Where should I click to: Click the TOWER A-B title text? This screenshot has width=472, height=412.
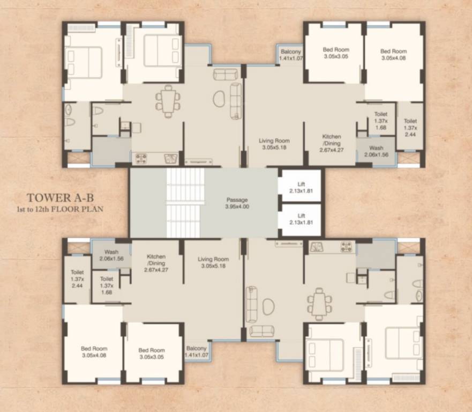(60, 198)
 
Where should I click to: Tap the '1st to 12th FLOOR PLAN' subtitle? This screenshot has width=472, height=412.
(60, 209)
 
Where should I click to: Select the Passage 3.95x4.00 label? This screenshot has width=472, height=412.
(237, 203)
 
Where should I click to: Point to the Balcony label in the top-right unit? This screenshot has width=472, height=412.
(291, 55)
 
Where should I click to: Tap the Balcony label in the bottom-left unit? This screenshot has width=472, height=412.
(197, 351)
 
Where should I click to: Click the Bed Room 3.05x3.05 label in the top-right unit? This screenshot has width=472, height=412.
(336, 53)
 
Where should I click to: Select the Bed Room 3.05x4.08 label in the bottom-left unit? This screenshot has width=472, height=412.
(94, 352)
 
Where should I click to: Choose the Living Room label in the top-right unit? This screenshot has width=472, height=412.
(274, 144)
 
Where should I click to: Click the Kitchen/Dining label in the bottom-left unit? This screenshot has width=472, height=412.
(156, 263)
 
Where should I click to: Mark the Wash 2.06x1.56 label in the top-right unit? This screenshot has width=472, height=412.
(376, 151)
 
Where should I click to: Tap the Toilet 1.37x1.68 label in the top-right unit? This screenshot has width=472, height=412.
(381, 121)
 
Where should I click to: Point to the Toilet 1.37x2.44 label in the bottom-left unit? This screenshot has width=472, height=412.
(77, 279)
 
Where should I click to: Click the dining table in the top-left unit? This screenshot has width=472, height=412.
(168, 101)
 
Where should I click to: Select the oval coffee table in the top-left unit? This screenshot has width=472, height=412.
(219, 99)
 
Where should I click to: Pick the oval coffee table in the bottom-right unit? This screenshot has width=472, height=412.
(268, 307)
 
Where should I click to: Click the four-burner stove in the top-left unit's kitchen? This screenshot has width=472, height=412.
(141, 159)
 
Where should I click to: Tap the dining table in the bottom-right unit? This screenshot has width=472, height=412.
(319, 304)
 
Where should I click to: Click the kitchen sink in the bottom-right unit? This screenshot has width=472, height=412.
(316, 247)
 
